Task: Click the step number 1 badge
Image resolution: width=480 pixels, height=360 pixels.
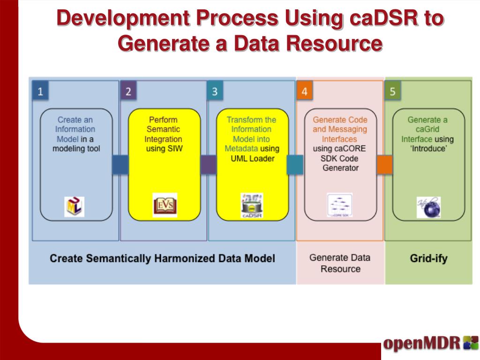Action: [40, 91]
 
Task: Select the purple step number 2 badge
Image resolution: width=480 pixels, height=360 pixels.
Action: [128, 91]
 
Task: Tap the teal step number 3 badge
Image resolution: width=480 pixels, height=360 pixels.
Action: [215, 91]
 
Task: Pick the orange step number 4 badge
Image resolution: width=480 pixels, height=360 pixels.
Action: [304, 91]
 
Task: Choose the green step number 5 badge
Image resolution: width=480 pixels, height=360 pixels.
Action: [392, 91]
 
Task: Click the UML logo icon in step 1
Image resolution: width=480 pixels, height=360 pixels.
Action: [74, 207]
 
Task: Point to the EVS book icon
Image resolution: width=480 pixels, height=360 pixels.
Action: [165, 205]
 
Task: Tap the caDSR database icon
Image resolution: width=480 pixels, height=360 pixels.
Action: [252, 206]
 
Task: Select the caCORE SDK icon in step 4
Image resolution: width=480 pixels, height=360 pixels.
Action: [340, 205]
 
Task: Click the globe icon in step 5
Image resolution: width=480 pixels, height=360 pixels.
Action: [428, 207]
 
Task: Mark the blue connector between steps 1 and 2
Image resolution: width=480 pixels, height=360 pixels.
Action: [120, 165]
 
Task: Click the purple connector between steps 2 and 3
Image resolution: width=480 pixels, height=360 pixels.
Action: [208, 165]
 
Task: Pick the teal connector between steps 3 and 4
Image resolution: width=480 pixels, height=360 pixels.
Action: [295, 165]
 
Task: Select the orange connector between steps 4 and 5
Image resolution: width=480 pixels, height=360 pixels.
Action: [384, 165]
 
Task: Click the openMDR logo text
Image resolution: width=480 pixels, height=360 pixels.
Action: [421, 343]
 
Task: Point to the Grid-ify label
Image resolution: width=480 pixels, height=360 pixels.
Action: [428, 258]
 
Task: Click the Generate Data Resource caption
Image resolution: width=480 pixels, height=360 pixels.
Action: [340, 263]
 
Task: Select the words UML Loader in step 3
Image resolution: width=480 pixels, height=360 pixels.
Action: [252, 158]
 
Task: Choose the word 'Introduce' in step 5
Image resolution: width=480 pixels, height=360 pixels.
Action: [428, 149]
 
